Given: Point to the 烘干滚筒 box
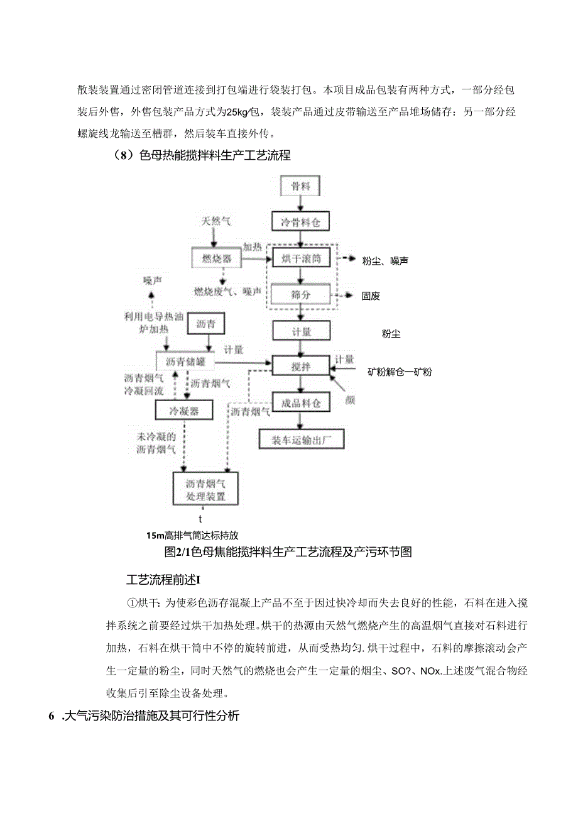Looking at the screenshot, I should click(x=301, y=258).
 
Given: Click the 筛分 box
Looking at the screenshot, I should click(x=301, y=294).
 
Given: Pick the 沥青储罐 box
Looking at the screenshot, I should click(x=185, y=362).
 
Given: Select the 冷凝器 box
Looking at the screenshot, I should click(x=183, y=410).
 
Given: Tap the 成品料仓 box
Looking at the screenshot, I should click(x=301, y=402).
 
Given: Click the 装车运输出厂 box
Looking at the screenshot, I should click(x=302, y=439).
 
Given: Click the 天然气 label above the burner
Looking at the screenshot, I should click(x=215, y=221).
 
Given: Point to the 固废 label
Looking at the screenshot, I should click(x=371, y=295).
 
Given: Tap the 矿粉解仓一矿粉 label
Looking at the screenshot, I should click(x=400, y=372).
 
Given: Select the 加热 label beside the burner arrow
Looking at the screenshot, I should click(x=252, y=247).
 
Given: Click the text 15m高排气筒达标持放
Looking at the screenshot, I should click(x=192, y=536).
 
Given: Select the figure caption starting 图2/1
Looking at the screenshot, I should click(x=287, y=552).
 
